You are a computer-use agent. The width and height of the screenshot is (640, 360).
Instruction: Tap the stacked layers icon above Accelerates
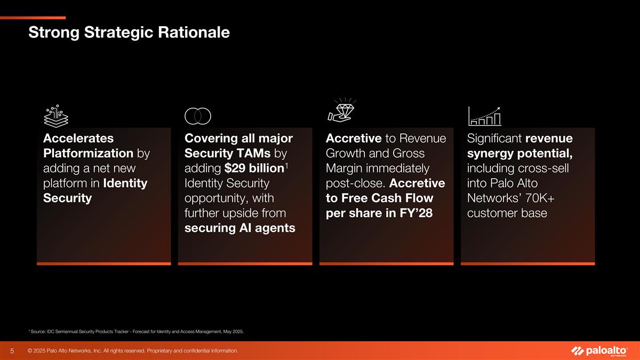tap(54, 115)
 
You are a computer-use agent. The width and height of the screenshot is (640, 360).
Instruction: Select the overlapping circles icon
tap(198, 115)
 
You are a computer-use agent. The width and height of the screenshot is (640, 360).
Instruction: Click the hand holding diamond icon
tap(342, 110)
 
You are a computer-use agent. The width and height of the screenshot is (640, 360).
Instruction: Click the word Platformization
tap(87, 154)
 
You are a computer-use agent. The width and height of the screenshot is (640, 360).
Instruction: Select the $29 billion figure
tap(254, 169)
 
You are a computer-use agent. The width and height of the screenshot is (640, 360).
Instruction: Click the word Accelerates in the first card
tap(78, 139)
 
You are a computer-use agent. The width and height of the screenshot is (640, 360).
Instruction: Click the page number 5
tap(12, 351)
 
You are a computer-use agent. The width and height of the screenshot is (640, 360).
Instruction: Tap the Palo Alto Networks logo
tap(599, 351)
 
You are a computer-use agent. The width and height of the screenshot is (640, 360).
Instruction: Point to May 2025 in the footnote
tap(232, 332)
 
